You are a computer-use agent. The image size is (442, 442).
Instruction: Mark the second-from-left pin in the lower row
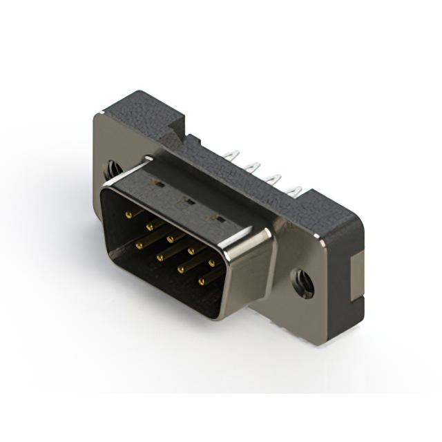click(x=160, y=256)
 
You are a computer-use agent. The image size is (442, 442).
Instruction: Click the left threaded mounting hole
click(x=109, y=168)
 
